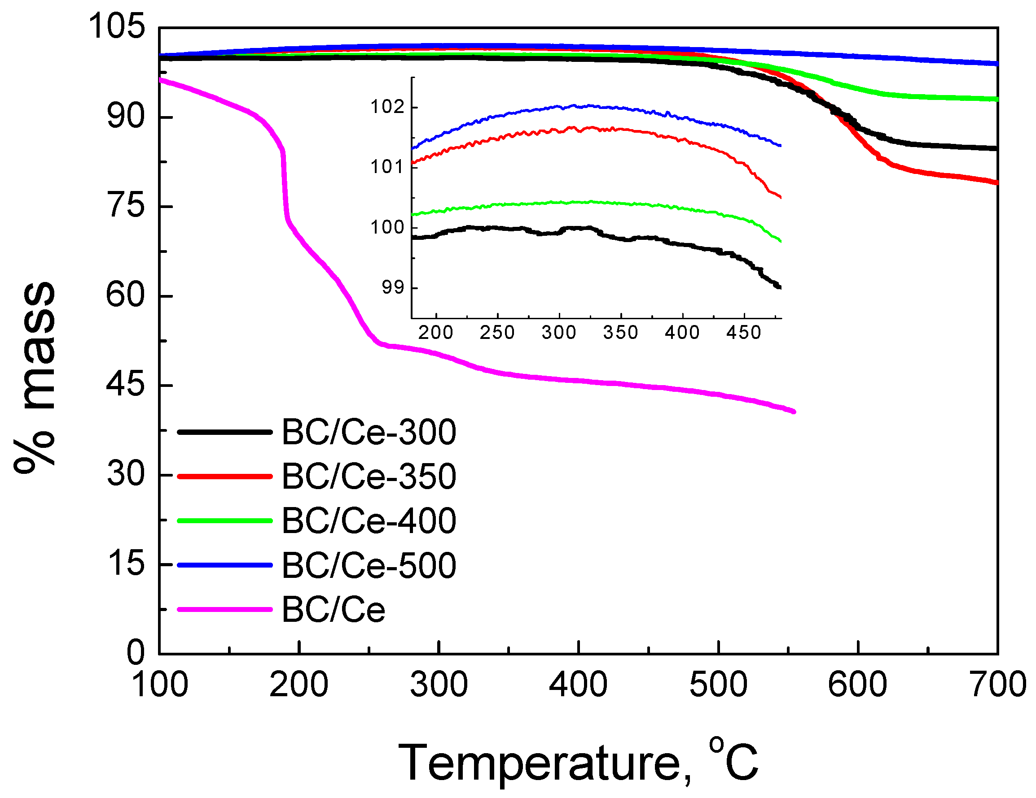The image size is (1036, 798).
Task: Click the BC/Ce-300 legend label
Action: (x=369, y=432)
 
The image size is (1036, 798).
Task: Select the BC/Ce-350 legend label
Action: (x=369, y=476)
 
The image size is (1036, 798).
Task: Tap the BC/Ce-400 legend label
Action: (x=369, y=521)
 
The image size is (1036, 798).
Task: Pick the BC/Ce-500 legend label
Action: (x=369, y=565)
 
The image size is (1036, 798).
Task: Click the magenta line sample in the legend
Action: (x=224, y=609)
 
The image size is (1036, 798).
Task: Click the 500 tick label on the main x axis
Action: (x=718, y=685)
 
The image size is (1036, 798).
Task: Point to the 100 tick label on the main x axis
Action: (x=159, y=685)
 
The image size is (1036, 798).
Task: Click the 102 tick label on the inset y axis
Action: (x=387, y=107)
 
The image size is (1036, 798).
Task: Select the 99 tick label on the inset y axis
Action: (x=393, y=288)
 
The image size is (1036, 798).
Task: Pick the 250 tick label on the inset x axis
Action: (x=497, y=333)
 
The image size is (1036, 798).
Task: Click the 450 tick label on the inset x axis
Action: (x=743, y=333)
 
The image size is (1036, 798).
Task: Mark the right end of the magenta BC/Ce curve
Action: (x=794, y=411)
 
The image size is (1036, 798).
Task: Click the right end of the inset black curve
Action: (x=780, y=287)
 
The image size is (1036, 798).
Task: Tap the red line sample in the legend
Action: (x=224, y=476)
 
